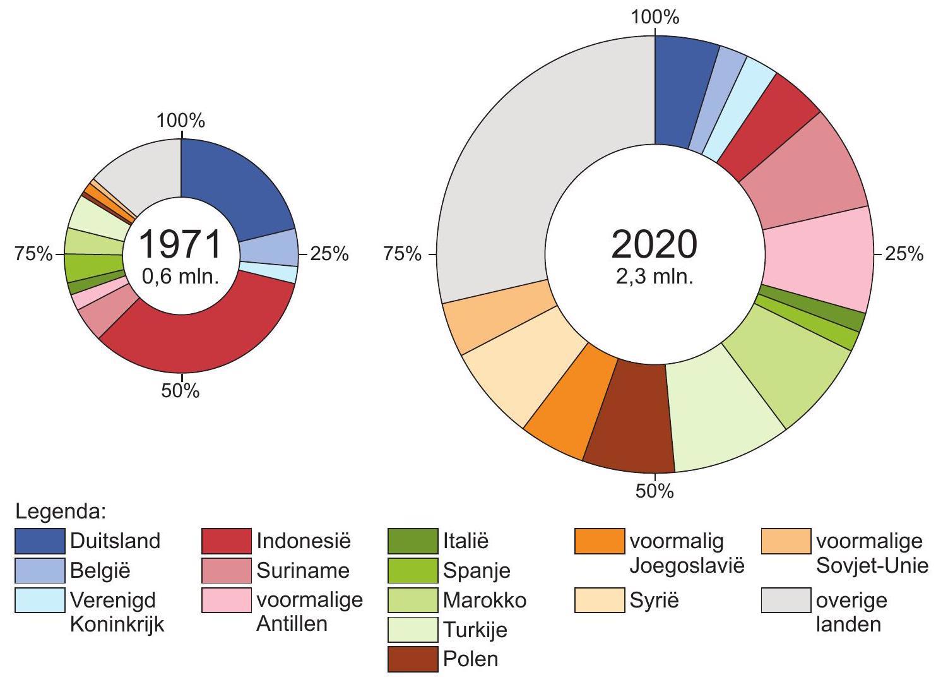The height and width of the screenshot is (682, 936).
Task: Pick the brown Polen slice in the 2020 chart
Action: (628, 414)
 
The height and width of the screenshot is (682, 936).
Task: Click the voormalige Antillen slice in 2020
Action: (817, 259)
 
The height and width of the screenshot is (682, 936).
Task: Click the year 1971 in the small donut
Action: (181, 244)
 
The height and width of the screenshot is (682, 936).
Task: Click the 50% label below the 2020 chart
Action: (655, 491)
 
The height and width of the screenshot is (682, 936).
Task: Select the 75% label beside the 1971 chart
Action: (34, 254)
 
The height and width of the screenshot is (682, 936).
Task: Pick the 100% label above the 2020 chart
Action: (655, 18)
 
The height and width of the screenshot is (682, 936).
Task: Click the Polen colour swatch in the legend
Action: (412, 659)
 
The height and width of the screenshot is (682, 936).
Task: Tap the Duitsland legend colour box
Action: (40, 541)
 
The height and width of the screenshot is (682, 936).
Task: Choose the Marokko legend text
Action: (484, 600)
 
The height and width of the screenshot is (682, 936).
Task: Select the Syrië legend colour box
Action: (599, 600)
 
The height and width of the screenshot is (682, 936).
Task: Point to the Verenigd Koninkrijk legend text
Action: (117, 611)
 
